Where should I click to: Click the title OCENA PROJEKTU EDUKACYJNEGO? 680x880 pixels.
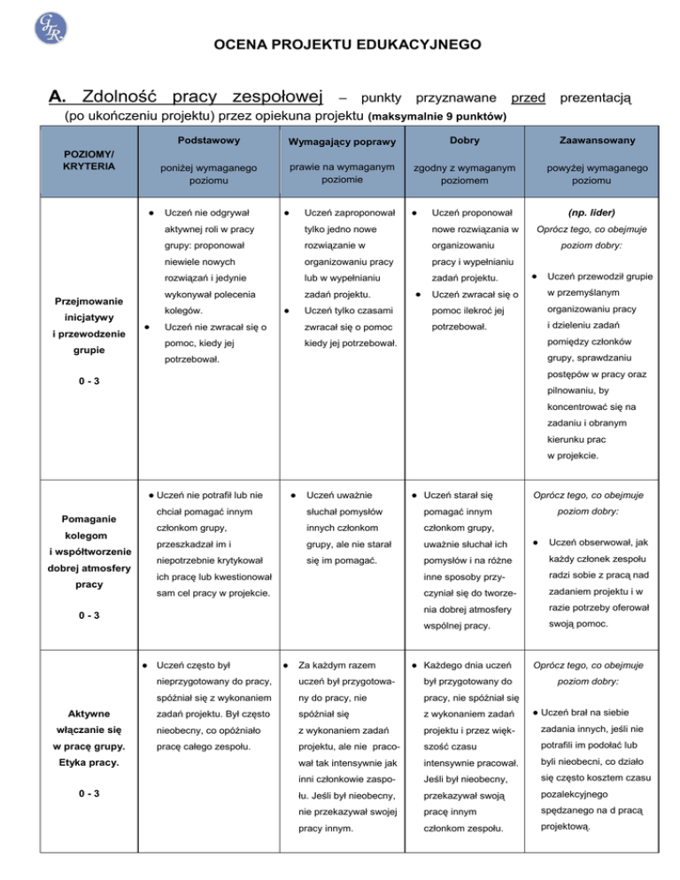(x=340, y=43)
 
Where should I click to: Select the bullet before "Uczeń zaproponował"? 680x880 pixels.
(x=278, y=212)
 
